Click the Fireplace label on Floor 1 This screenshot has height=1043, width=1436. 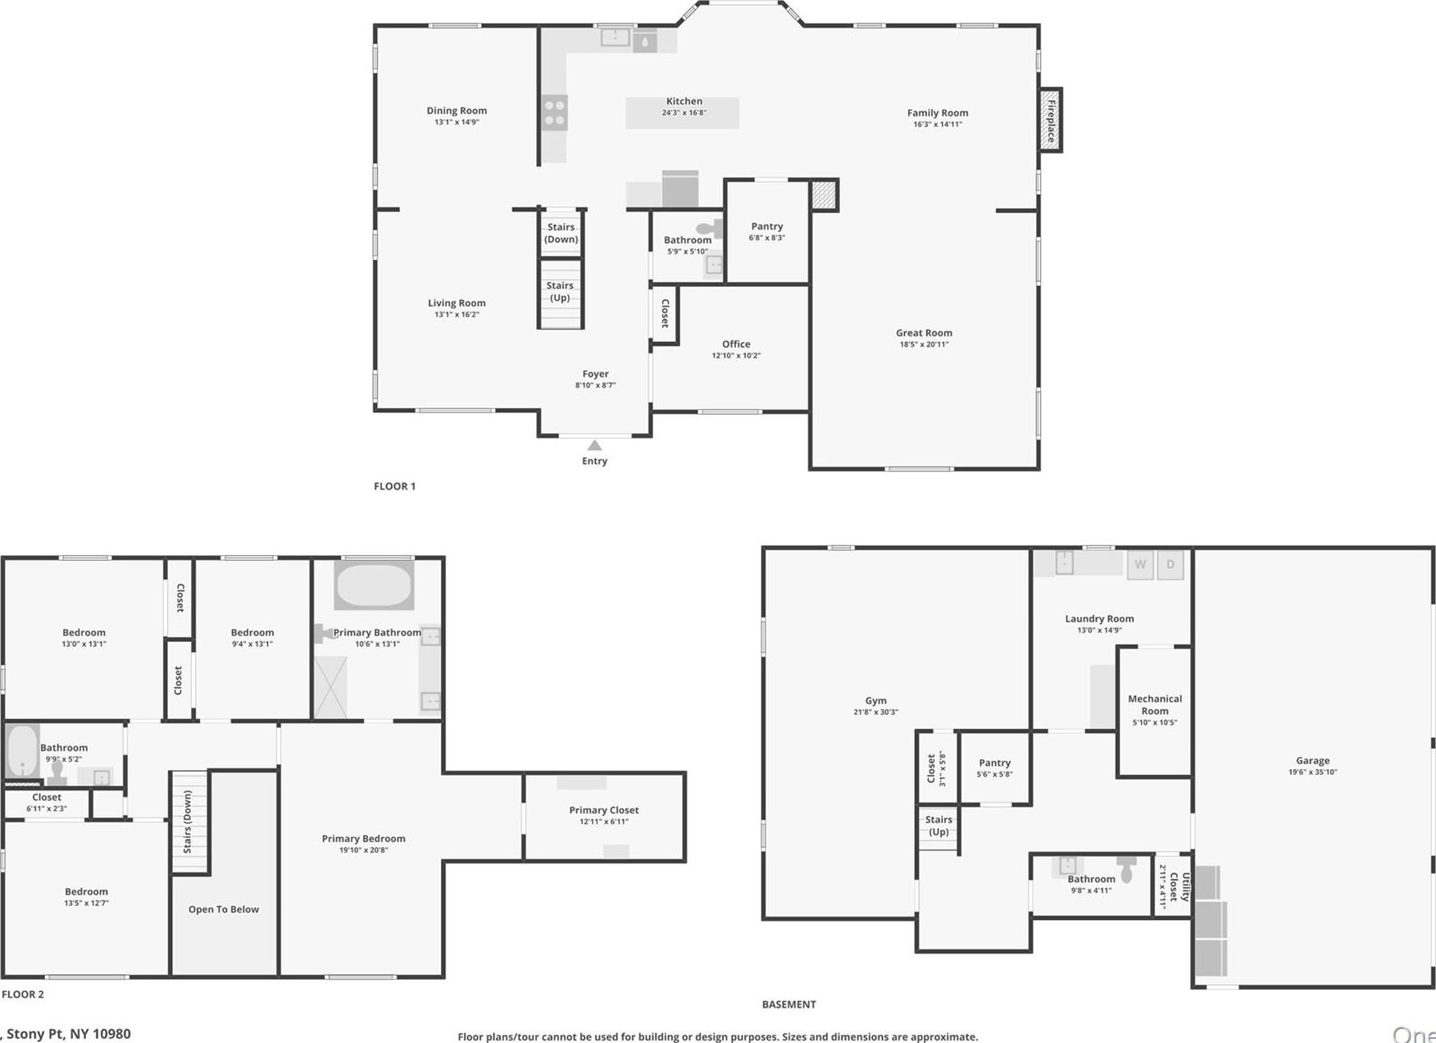tap(1051, 121)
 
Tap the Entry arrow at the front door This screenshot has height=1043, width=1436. tap(595, 445)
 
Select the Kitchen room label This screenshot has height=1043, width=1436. tap(684, 101)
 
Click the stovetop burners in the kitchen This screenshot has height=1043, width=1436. tap(554, 112)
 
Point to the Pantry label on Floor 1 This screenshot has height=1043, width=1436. tap(766, 226)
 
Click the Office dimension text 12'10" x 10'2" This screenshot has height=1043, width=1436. tap(736, 356)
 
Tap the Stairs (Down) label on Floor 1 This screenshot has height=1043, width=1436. tap(561, 233)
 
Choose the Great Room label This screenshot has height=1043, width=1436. tap(924, 333)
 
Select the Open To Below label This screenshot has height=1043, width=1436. tap(224, 909)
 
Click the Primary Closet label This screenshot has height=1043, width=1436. tap(604, 810)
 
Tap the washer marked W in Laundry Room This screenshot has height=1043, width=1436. tap(1140, 565)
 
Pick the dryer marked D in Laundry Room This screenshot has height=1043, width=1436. tap(1170, 565)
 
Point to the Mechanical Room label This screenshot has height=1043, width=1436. tap(1155, 705)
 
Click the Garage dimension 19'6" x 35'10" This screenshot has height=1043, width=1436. tap(1312, 772)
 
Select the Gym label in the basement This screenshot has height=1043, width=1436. tap(875, 701)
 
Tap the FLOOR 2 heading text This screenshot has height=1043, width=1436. tap(23, 995)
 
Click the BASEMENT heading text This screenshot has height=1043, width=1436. tap(788, 1004)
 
